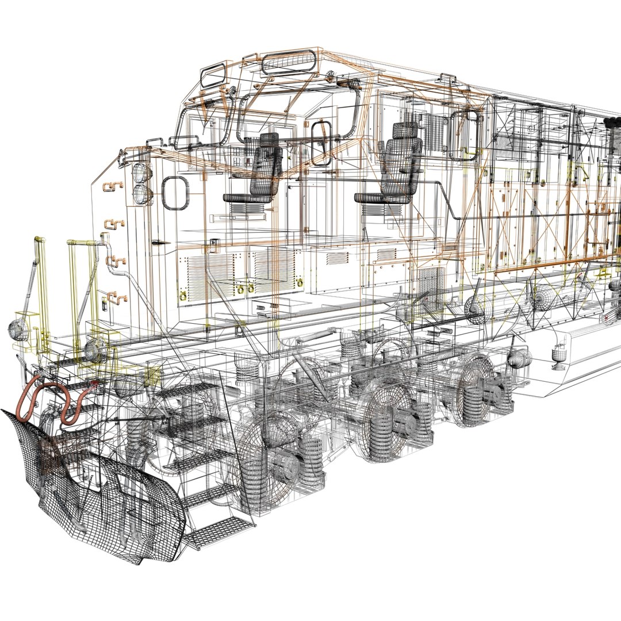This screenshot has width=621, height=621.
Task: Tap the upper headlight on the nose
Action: tap(141, 172)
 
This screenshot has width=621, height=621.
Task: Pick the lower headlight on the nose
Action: tap(141, 194)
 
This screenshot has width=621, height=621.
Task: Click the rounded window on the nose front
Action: tap(175, 193)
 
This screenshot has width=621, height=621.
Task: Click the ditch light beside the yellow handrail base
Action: tap(95, 348)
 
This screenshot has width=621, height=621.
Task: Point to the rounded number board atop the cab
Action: tap(289, 63)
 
